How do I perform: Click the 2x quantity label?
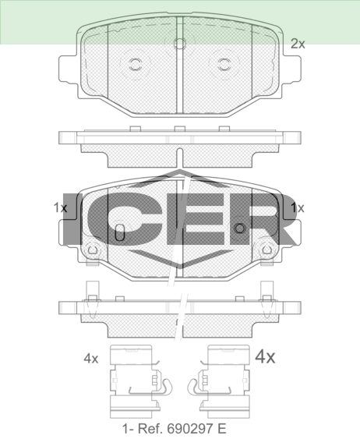click(298, 44)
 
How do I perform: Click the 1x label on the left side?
click(60, 207)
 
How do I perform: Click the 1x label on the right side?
click(298, 207)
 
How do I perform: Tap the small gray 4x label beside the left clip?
click(91, 359)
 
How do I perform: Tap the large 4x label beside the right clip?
click(265, 356)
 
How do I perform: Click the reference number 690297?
click(192, 429)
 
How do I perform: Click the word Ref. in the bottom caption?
click(150, 429)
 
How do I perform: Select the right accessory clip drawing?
click(221, 381)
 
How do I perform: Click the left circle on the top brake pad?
click(136, 65)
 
